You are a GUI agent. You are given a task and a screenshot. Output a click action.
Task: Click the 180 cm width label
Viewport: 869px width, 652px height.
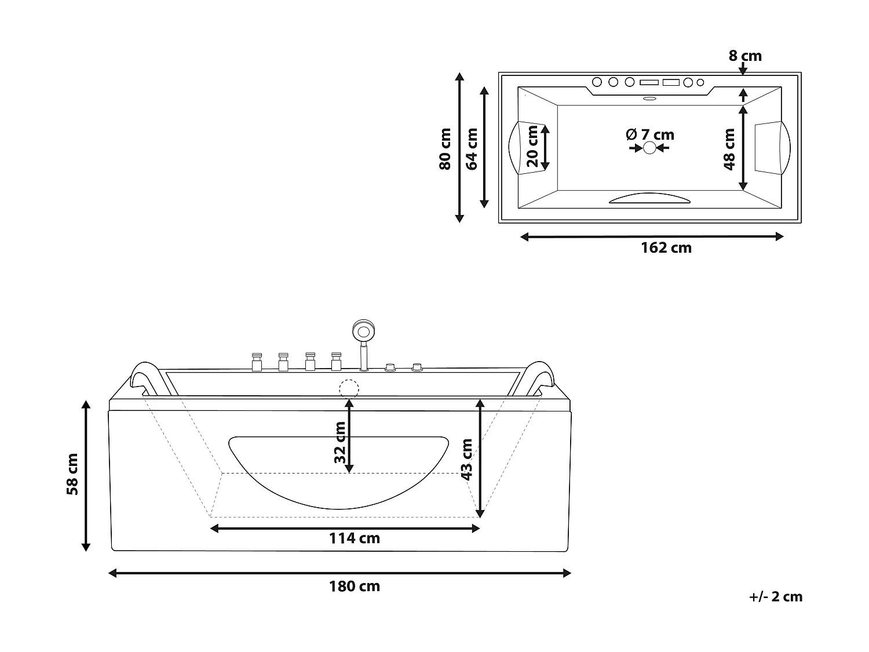coord(355,586)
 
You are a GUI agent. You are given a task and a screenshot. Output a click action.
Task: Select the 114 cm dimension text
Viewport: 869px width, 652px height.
coord(355,538)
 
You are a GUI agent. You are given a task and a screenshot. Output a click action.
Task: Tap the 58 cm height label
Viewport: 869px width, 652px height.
coord(72,474)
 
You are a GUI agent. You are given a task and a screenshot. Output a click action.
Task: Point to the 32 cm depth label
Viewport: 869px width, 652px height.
coord(340,446)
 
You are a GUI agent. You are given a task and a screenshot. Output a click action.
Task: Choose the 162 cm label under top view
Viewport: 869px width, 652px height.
coord(666,248)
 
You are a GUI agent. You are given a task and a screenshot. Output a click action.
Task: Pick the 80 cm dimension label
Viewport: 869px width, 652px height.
coord(445,149)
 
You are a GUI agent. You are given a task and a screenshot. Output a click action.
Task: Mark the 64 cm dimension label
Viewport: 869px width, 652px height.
coord(472,149)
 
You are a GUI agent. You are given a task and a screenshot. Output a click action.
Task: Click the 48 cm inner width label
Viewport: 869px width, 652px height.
coord(729,149)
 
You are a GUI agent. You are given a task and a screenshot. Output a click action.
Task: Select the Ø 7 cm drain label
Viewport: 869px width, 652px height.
coord(650,135)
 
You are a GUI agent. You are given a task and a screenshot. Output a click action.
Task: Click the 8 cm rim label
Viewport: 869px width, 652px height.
coord(745,56)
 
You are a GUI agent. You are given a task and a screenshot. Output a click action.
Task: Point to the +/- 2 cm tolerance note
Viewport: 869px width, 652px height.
coord(775,597)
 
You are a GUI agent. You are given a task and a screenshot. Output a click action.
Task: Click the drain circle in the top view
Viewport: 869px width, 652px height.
coord(650,148)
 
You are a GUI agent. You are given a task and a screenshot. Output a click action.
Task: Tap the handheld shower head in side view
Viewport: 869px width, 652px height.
coord(363,332)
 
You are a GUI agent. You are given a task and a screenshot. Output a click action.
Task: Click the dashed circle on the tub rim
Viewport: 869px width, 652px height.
coord(349,388)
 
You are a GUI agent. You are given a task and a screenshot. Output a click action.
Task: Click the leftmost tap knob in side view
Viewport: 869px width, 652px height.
coord(256,362)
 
